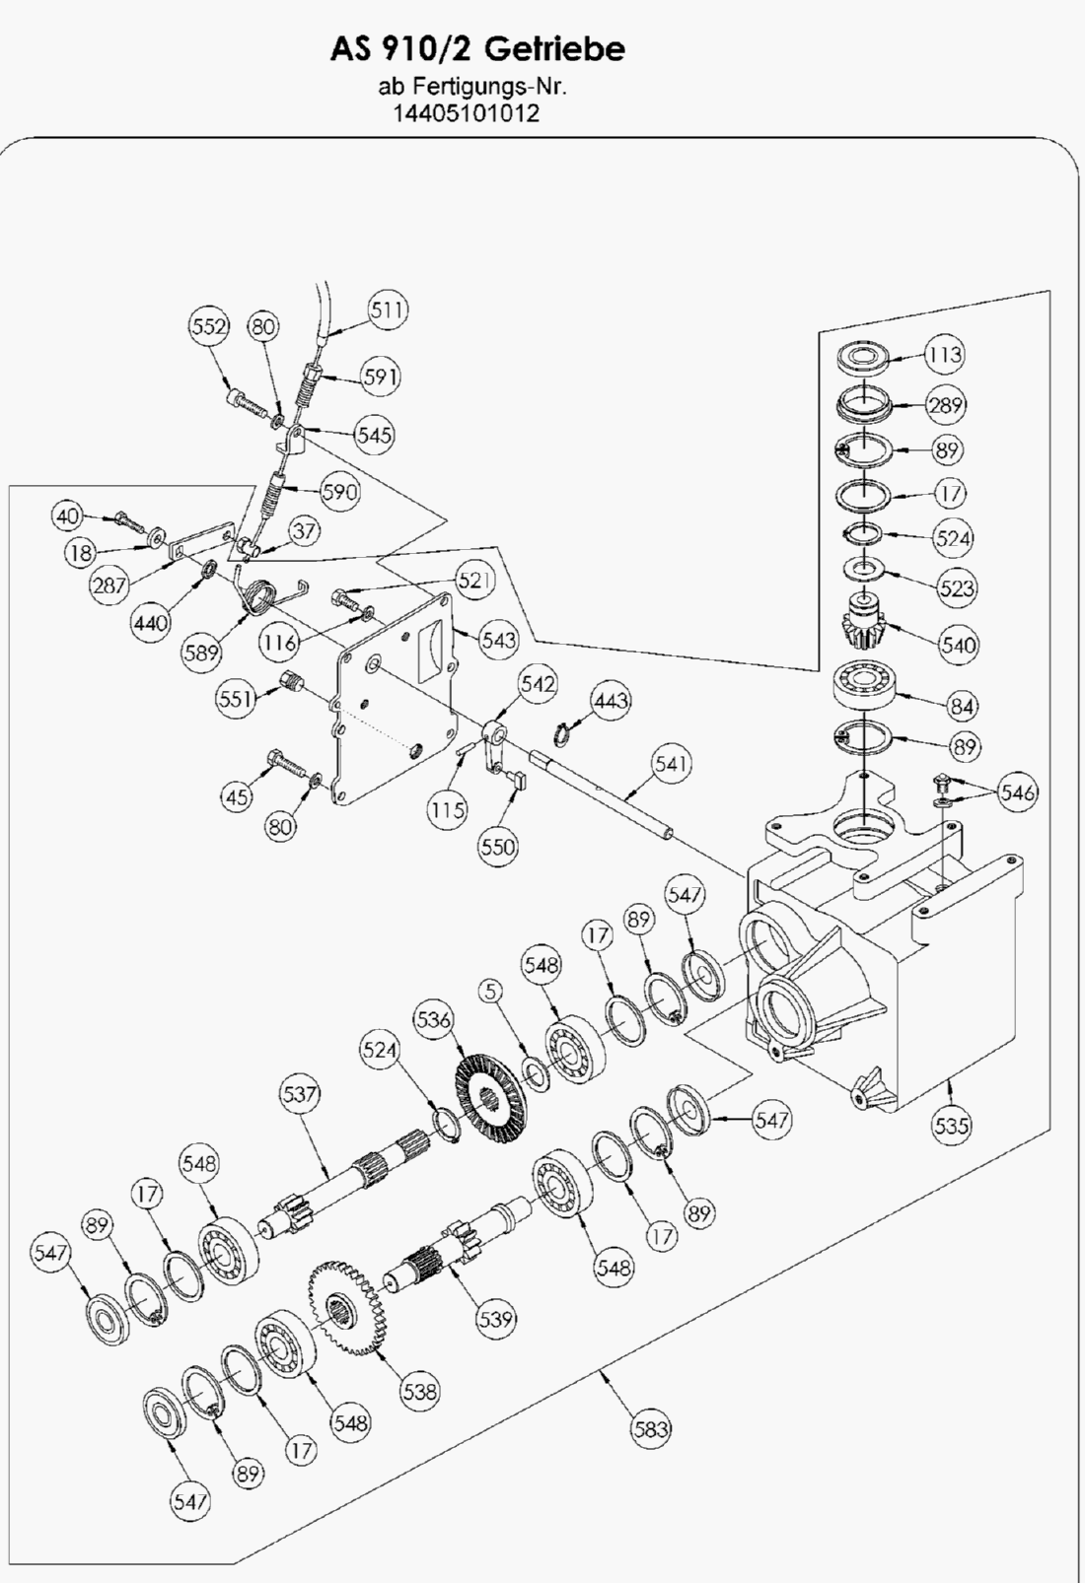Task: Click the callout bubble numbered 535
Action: point(951,1125)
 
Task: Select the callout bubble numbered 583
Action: point(650,1428)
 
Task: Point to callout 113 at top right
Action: point(944,354)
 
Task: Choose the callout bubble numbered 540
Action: point(958,646)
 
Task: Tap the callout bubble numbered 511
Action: point(388,310)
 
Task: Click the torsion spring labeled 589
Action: point(259,596)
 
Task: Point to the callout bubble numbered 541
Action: point(672,763)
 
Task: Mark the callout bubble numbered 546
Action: point(1017,791)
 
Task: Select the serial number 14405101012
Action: point(467,112)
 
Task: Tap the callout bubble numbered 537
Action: point(300,1094)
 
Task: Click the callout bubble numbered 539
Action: point(495,1318)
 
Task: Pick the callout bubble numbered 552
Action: point(209,326)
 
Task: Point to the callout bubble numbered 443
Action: point(611,700)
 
